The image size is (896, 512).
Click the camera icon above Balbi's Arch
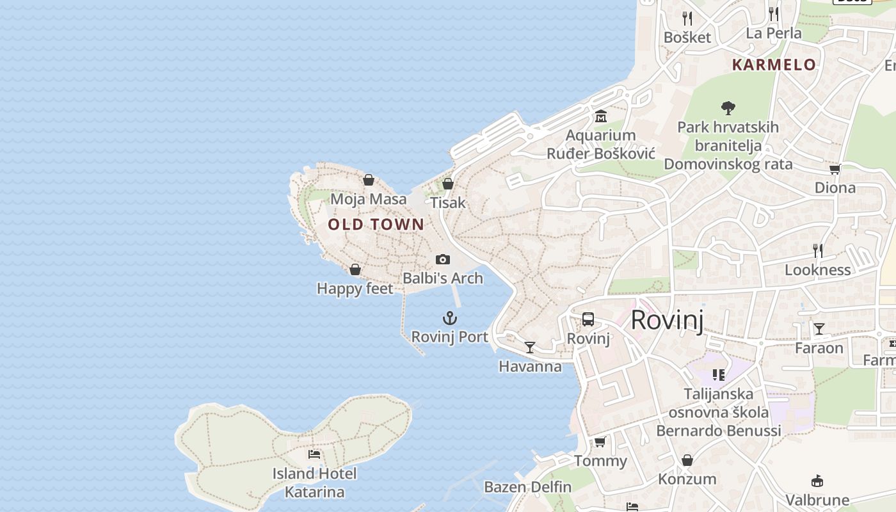coord(442,259)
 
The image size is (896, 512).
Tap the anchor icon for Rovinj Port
coord(450,318)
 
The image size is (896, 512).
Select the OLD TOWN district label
coord(376,224)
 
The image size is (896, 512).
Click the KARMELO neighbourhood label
coord(774,65)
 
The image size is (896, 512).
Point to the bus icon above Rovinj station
coord(588,319)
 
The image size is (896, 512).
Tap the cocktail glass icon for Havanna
coord(530,348)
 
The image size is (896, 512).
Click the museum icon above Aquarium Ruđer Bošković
coord(600,116)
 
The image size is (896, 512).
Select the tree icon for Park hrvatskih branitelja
coord(728,108)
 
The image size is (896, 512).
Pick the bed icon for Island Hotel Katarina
coord(314,454)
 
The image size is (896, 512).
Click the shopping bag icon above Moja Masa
coord(369,180)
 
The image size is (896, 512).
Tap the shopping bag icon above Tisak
coord(448,184)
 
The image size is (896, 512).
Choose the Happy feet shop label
coord(355,289)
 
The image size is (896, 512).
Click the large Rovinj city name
coord(667,320)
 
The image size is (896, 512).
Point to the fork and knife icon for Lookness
coord(817,250)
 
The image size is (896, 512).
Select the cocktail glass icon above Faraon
coord(819,329)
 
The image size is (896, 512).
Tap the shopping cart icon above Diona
coord(835,169)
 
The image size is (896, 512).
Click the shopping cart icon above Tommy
coord(600,442)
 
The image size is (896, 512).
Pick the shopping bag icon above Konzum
coord(687,460)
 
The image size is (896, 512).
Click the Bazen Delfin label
coord(528,487)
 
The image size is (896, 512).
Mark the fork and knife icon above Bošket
coord(687,18)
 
